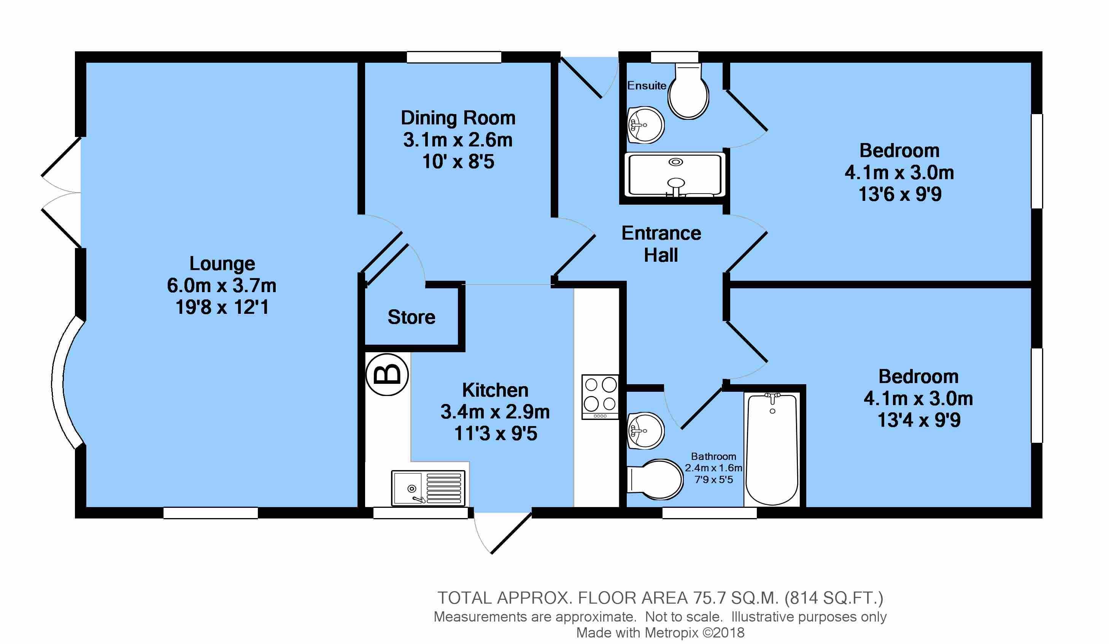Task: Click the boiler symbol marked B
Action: coord(387,374)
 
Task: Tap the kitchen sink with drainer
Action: coord(428,488)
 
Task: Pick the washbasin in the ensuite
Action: coord(645,124)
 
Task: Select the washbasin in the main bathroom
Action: coord(645,431)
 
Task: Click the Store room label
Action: coord(412,317)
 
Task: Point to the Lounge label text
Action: coord(222,264)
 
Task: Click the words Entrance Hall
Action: coord(661,244)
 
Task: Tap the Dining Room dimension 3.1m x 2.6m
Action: coord(458,140)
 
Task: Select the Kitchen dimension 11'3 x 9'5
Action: coord(496,434)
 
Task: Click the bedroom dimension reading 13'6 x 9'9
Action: coord(900,194)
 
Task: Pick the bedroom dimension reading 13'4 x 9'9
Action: coord(919,420)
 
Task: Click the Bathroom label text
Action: coord(713,456)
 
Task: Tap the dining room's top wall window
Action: coord(454,57)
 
